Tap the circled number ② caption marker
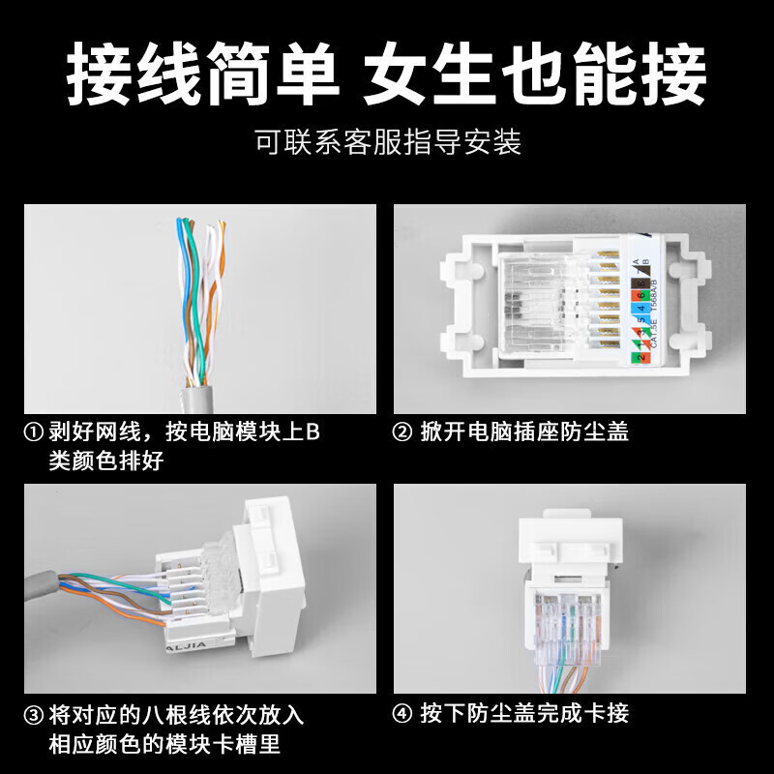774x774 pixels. pos(403,432)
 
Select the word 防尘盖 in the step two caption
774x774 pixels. pos(599,432)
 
